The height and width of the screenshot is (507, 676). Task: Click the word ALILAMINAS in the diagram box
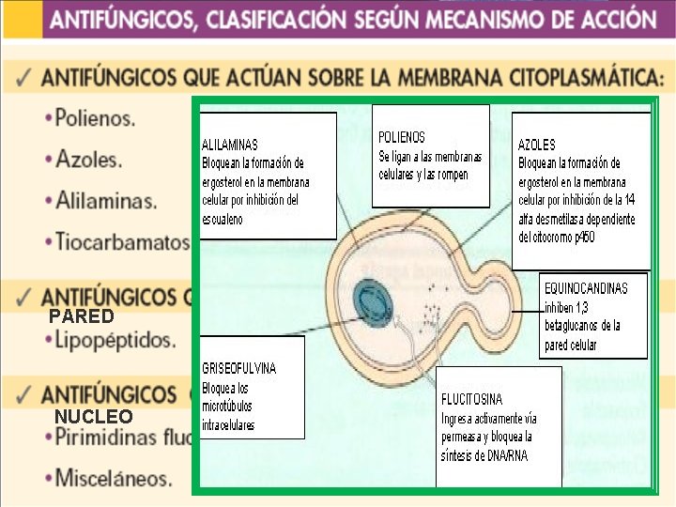tap(230, 146)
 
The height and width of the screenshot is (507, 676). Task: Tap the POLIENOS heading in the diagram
tap(402, 137)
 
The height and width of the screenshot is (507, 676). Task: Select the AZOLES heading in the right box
tap(536, 146)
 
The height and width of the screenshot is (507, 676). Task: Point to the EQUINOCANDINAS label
tap(586, 288)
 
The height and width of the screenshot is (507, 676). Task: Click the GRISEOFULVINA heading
tap(239, 368)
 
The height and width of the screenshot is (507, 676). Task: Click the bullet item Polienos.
tap(94, 119)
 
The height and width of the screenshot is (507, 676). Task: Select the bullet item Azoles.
tap(88, 160)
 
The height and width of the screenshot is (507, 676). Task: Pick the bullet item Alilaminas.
tap(106, 200)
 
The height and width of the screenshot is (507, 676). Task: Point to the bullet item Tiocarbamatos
tap(122, 241)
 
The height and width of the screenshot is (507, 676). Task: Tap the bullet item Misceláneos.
tap(114, 477)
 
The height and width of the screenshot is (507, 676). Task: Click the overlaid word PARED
tap(82, 316)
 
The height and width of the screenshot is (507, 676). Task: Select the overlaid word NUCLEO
tap(93, 416)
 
